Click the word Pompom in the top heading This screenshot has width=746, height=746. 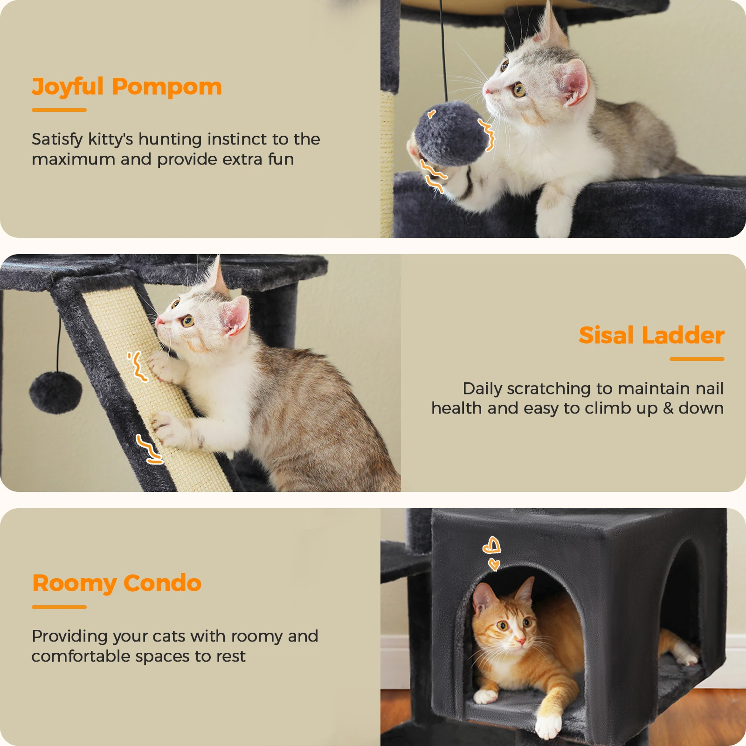167,87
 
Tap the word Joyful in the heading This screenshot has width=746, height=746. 68,87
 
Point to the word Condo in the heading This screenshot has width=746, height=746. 163,583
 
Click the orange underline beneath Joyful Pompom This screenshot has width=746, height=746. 59,110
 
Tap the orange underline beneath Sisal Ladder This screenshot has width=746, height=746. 697,359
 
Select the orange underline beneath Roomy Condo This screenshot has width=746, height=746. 59,607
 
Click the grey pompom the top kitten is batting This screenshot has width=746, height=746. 450,134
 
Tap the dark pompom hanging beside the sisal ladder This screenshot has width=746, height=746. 55,393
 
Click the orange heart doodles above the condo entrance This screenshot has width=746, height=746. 492,553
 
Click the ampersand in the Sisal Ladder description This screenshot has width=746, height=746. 668,408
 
